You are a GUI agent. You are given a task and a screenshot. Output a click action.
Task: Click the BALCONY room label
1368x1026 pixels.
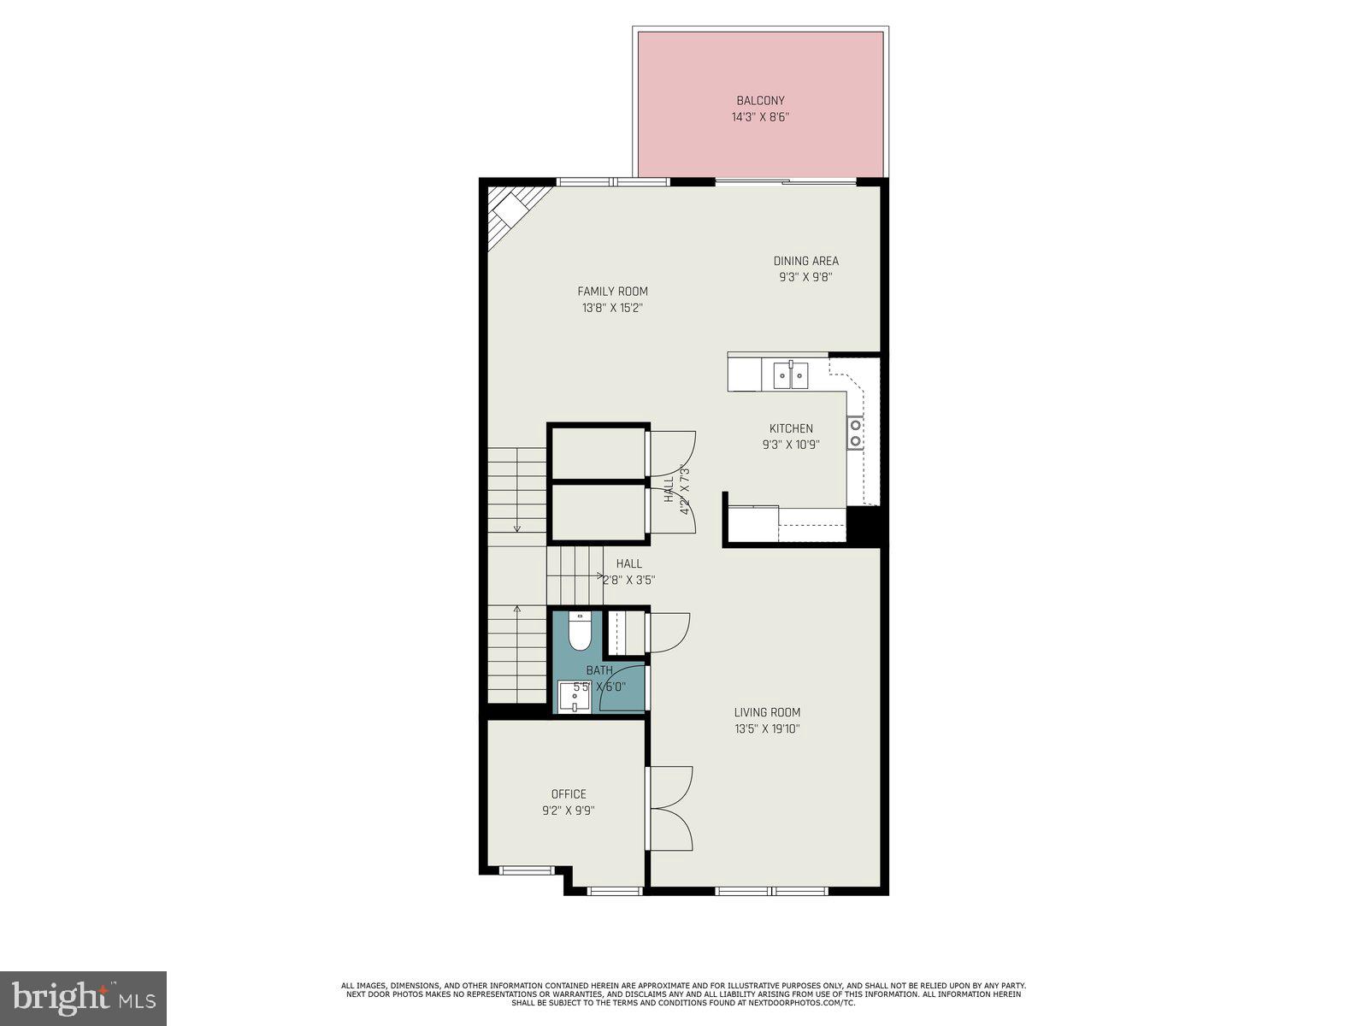(760, 101)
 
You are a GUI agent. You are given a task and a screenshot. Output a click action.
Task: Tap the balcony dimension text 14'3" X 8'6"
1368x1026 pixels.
(760, 117)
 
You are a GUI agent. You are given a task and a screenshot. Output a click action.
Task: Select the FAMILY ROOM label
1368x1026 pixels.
(612, 292)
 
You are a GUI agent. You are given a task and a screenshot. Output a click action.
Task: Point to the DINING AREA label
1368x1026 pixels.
(805, 261)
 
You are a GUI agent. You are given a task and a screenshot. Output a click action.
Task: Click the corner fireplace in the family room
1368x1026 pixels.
(511, 210)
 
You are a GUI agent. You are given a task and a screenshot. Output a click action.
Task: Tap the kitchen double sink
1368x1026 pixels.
(791, 375)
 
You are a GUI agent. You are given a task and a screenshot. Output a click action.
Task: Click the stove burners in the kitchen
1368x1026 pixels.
(855, 433)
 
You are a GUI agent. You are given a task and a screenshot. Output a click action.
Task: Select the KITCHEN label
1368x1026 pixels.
(791, 428)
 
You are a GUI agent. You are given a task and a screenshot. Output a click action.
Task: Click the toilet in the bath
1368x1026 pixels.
(579, 632)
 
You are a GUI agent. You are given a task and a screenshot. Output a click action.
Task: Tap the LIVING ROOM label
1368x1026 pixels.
(767, 712)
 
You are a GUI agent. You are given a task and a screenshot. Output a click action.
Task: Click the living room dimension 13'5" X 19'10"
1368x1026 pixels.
(767, 729)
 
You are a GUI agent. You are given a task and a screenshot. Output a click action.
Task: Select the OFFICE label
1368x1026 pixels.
(569, 794)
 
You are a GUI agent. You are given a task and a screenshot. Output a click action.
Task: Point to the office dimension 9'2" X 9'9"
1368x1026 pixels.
(569, 811)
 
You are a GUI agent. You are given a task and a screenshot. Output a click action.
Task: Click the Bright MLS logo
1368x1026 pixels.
(84, 997)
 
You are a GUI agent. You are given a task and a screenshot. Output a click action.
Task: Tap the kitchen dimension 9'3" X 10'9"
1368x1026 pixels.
(791, 445)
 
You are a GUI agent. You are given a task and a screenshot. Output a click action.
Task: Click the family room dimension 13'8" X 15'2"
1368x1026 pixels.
(612, 308)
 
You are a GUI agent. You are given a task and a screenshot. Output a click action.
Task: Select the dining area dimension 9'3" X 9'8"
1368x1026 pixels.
(805, 277)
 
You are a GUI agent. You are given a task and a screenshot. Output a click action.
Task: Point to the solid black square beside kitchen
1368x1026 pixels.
(863, 525)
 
